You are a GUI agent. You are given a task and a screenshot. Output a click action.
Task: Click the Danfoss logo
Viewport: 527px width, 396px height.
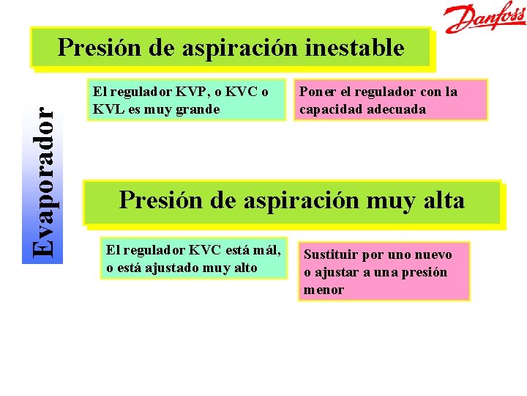[x=485, y=18]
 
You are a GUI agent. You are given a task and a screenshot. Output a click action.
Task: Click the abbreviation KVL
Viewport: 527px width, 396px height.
[x=105, y=109]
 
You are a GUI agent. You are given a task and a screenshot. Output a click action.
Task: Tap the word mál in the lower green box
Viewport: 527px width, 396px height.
[x=266, y=249]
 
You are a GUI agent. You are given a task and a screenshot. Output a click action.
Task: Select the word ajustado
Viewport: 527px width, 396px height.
[x=171, y=267]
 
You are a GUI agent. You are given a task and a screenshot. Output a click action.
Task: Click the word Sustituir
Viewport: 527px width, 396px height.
[x=330, y=254]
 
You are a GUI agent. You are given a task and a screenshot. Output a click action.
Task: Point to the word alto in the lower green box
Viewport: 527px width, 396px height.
[x=242, y=267]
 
